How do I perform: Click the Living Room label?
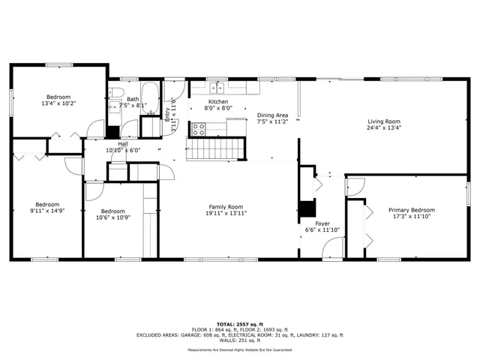(x=383, y=121)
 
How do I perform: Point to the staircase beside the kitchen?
(x=217, y=149)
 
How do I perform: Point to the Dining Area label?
(x=272, y=114)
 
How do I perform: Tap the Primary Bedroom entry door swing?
(x=355, y=185)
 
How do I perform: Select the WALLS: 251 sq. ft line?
(x=240, y=340)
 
